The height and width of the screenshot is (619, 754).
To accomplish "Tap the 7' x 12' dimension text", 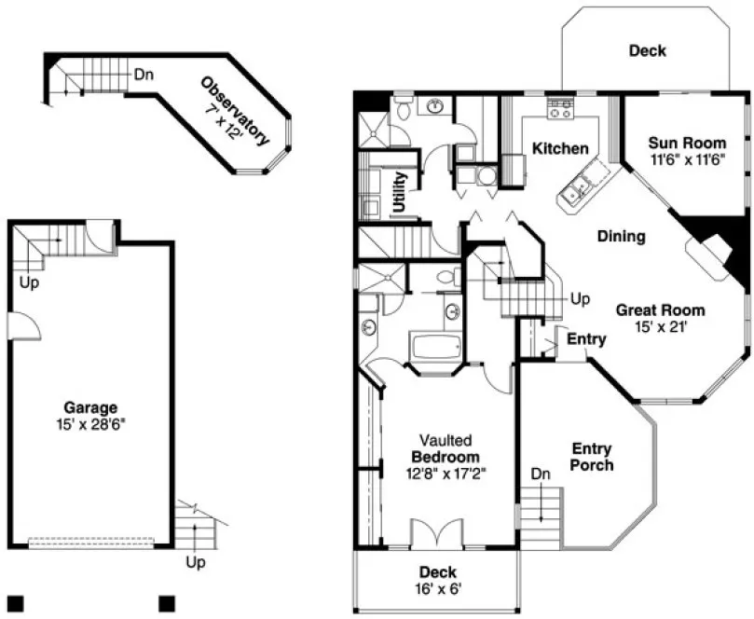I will tap(225, 120).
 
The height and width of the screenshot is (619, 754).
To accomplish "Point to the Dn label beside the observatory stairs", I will tap(144, 74).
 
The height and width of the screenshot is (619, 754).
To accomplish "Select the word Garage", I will tap(90, 407).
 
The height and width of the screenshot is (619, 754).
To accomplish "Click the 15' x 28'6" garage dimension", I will tap(90, 422).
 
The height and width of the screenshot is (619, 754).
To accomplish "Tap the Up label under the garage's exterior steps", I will tap(195, 562).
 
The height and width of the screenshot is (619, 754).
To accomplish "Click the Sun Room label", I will tap(687, 143).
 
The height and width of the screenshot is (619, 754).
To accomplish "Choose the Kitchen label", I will tap(560, 148).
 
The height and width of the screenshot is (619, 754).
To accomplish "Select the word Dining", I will tap(621, 237).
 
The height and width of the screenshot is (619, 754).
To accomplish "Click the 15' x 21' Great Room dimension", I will tap(659, 326).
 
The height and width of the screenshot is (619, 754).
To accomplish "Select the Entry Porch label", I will tap(592, 457).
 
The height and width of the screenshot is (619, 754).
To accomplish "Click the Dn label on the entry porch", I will tap(541, 474).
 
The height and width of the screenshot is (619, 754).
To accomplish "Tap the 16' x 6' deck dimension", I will tap(436, 588).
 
